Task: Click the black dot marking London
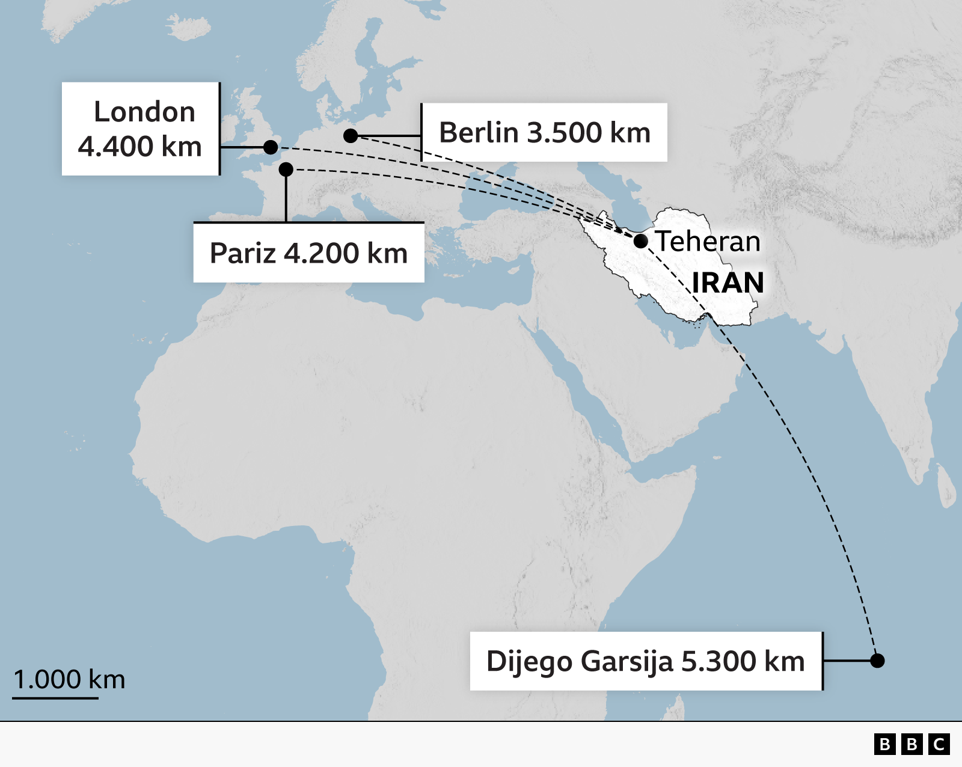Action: [271, 147]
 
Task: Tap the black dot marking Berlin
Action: [351, 136]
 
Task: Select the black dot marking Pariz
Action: [286, 170]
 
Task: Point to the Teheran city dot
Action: [641, 241]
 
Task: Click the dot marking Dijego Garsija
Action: [877, 661]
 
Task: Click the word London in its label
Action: [144, 112]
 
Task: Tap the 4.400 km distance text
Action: [139, 147]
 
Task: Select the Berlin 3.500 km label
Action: [545, 132]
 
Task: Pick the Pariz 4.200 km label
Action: [308, 253]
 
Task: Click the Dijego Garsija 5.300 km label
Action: [645, 661]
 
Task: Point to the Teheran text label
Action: [708, 242]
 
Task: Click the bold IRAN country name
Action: [728, 283]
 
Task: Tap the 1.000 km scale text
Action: [69, 679]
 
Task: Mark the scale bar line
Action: [55, 698]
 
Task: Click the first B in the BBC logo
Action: [884, 744]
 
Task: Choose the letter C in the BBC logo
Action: [939, 744]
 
